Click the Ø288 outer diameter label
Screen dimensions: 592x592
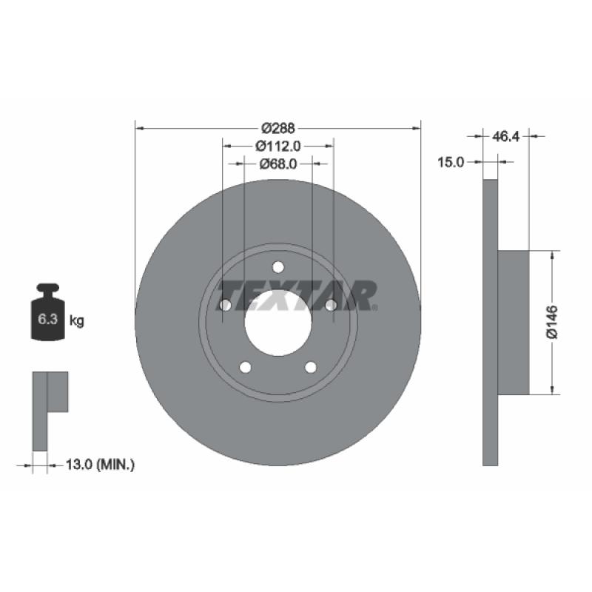pos(278,128)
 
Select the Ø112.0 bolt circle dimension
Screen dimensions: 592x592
pos(278,146)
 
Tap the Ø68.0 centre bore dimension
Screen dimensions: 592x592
pos(278,164)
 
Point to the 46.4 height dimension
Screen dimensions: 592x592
pos(505,136)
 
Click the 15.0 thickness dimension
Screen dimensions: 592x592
pos(451,162)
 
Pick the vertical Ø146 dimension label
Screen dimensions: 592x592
pos(552,322)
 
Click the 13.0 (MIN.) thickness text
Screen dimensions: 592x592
pos(100,464)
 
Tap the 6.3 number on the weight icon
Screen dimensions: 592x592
pos(47,320)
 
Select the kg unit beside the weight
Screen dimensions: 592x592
pos(77,321)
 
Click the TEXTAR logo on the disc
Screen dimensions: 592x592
pos(297,295)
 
